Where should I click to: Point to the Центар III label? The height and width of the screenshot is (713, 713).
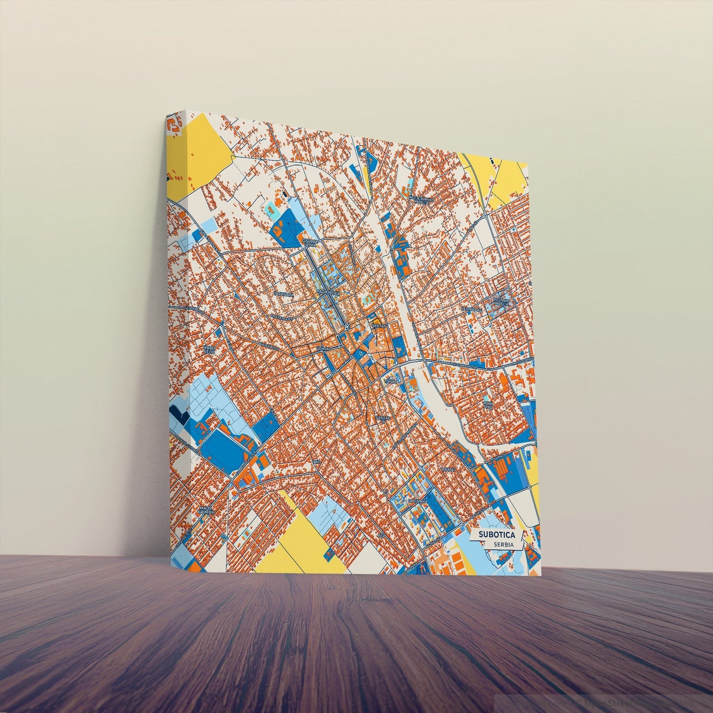[383, 418]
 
